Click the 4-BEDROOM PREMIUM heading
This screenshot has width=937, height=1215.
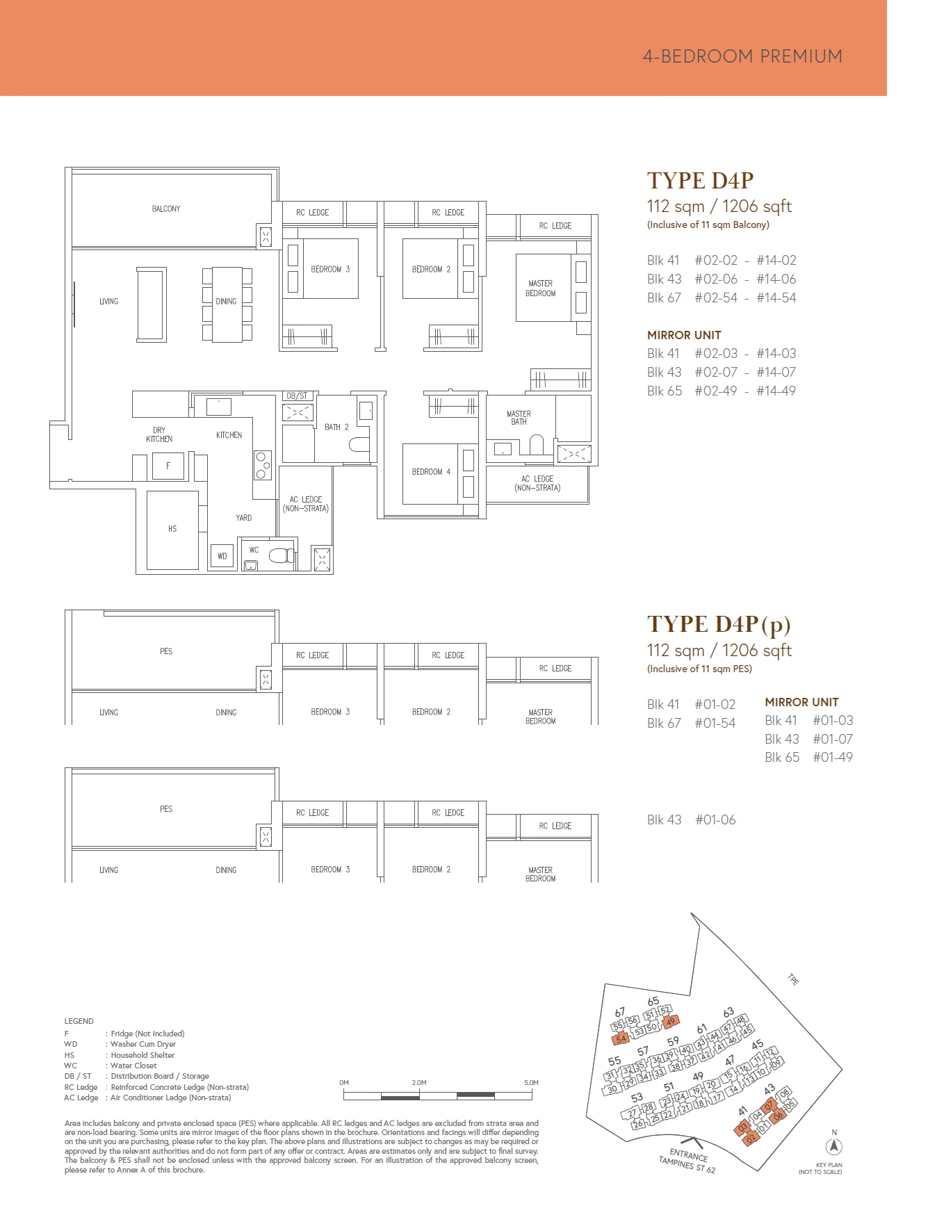click(742, 56)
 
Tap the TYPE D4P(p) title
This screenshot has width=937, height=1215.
click(719, 624)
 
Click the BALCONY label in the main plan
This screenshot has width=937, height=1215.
click(166, 209)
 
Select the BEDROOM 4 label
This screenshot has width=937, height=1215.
click(431, 472)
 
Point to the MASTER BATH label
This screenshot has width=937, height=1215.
click(519, 418)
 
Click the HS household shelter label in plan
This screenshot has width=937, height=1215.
click(172, 529)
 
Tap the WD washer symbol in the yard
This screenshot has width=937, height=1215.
click(222, 556)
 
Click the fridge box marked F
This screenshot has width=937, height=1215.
click(168, 466)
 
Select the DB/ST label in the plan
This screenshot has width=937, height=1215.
click(297, 396)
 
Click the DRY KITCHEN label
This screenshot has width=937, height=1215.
click(159, 434)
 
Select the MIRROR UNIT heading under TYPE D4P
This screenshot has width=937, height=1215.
click(684, 335)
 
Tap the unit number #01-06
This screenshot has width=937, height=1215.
click(715, 819)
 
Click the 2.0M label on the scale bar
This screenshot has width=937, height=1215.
click(419, 1083)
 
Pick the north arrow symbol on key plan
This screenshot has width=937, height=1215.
click(834, 1146)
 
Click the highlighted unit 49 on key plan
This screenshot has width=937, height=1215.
click(670, 1022)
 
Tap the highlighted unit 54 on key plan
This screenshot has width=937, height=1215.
click(621, 1039)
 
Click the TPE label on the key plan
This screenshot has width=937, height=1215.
click(793, 979)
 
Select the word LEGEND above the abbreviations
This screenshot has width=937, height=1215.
click(79, 1021)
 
